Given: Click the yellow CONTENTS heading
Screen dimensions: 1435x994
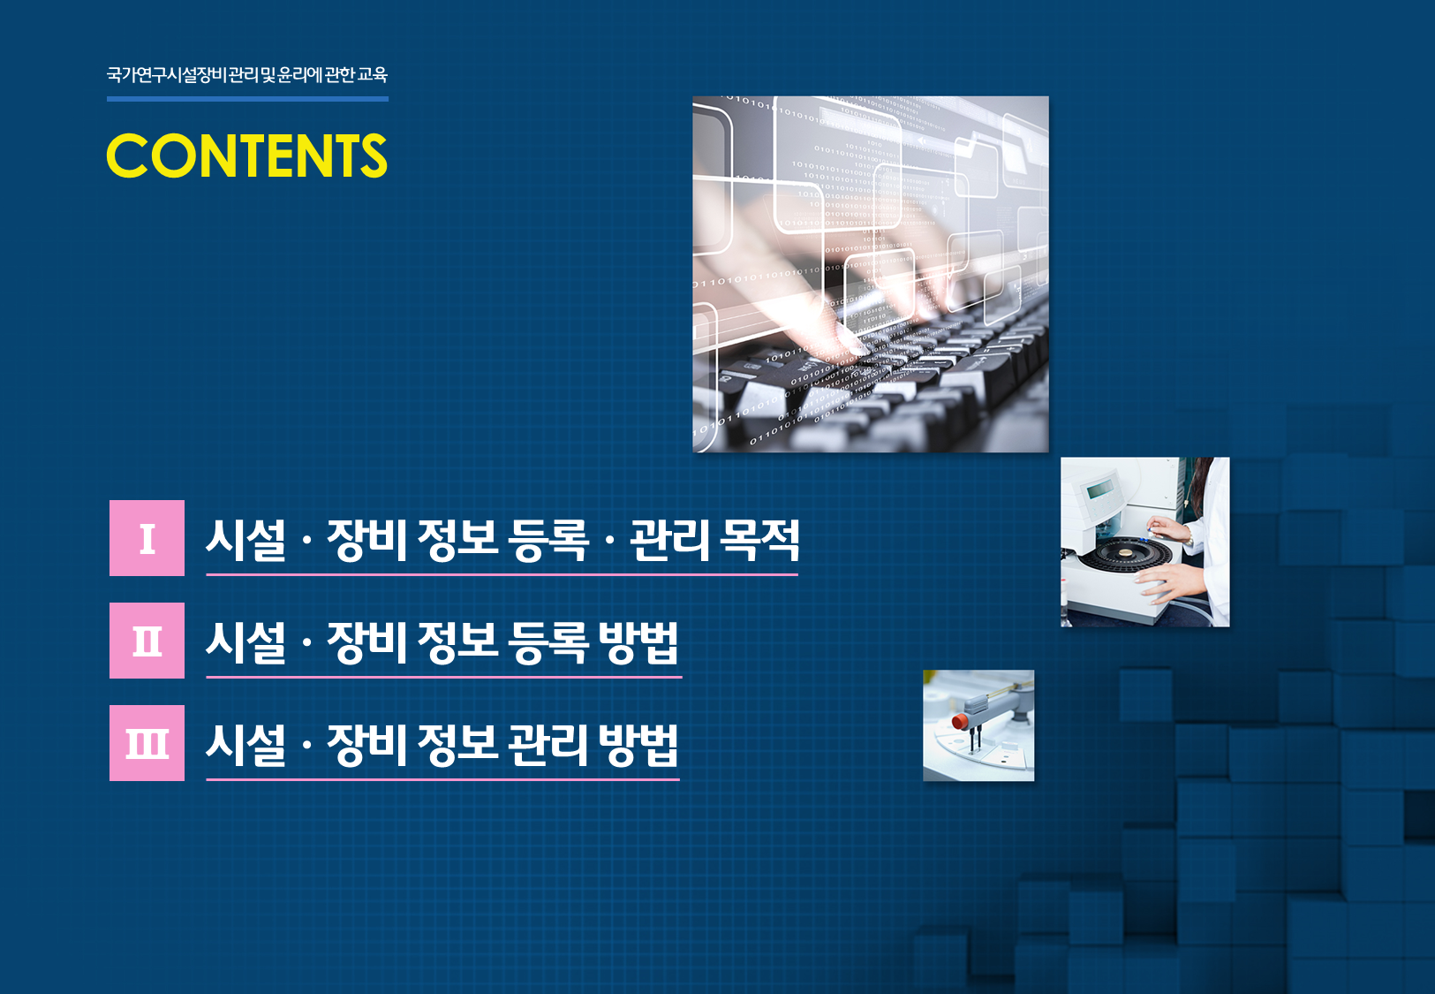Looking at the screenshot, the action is point(246,156).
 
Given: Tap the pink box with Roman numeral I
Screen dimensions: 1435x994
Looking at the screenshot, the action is point(147,538).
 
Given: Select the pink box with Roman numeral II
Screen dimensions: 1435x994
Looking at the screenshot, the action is point(147,641).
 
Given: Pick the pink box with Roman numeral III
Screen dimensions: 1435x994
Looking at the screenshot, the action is point(147,743).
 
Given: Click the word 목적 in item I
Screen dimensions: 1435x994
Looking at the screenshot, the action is point(759,540).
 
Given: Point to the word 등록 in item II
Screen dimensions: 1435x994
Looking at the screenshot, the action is point(548,642).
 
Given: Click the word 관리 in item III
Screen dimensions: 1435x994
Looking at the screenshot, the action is point(548,745).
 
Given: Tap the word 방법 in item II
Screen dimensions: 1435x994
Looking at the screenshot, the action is point(638,642).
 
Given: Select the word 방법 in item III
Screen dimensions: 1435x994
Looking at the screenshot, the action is point(638,745).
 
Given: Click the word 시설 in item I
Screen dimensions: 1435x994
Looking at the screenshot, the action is point(246,540).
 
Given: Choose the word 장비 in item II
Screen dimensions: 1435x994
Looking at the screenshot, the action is point(367,642).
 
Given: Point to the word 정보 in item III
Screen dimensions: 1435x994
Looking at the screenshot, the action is point(457,745).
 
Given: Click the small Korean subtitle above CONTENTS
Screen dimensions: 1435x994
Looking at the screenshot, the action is point(246,75).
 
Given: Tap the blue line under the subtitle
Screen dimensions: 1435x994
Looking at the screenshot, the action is point(247,99).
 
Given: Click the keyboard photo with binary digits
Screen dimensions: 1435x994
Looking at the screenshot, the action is point(871,274).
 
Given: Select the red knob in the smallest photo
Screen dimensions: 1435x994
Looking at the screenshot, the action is point(960,721).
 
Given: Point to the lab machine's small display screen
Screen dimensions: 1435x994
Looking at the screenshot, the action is point(1100,490).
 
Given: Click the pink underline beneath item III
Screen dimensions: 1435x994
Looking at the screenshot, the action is point(442,779).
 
